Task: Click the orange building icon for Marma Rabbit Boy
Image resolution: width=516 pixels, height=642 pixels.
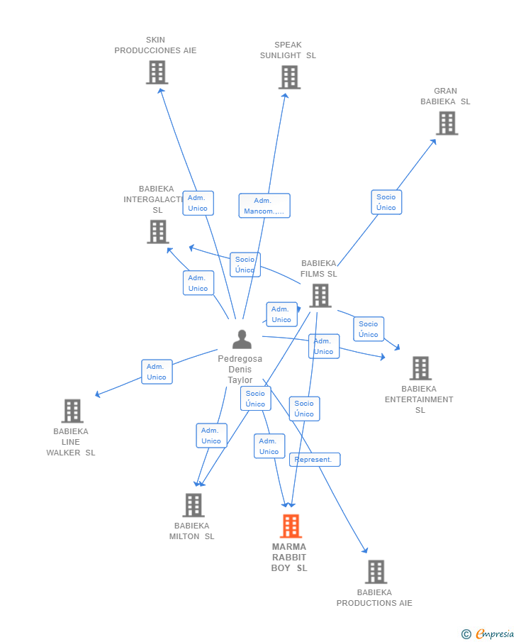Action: pyautogui.click(x=291, y=526)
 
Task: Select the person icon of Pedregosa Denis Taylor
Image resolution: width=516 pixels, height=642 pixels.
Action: pyautogui.click(x=242, y=340)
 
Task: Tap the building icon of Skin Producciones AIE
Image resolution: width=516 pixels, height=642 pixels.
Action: pyautogui.click(x=157, y=72)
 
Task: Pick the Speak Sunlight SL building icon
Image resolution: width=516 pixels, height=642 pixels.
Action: pyautogui.click(x=289, y=77)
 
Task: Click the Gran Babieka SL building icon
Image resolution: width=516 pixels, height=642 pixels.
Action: pyautogui.click(x=447, y=123)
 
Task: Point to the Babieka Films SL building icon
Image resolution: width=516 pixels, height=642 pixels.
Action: pyautogui.click(x=320, y=296)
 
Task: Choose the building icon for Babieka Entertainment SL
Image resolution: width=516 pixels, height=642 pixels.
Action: pyautogui.click(x=420, y=368)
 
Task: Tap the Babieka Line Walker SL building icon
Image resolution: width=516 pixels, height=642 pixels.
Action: pyautogui.click(x=72, y=411)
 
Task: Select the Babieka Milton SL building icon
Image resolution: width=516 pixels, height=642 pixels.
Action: pyautogui.click(x=193, y=505)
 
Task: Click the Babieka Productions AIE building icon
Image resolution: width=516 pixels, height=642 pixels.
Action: pyautogui.click(x=376, y=572)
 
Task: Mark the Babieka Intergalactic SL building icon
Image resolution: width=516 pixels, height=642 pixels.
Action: pyautogui.click(x=157, y=232)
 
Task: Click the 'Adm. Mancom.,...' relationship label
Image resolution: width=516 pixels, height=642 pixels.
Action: pyautogui.click(x=264, y=206)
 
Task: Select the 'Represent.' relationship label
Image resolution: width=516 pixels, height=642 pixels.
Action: pyautogui.click(x=314, y=460)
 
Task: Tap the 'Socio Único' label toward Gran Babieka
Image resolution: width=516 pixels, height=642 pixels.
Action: pyautogui.click(x=386, y=202)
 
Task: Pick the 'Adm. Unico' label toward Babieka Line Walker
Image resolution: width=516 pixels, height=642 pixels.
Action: pyautogui.click(x=157, y=372)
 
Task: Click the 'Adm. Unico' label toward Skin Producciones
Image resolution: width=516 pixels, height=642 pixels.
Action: pyautogui.click(x=198, y=203)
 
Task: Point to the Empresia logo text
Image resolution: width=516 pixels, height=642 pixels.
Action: pyautogui.click(x=495, y=634)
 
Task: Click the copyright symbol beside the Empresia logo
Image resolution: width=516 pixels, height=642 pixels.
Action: pyautogui.click(x=466, y=634)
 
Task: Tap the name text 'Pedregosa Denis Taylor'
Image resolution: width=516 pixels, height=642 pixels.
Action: pyautogui.click(x=240, y=370)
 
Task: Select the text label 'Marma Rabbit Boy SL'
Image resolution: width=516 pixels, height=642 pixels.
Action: pyautogui.click(x=289, y=558)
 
